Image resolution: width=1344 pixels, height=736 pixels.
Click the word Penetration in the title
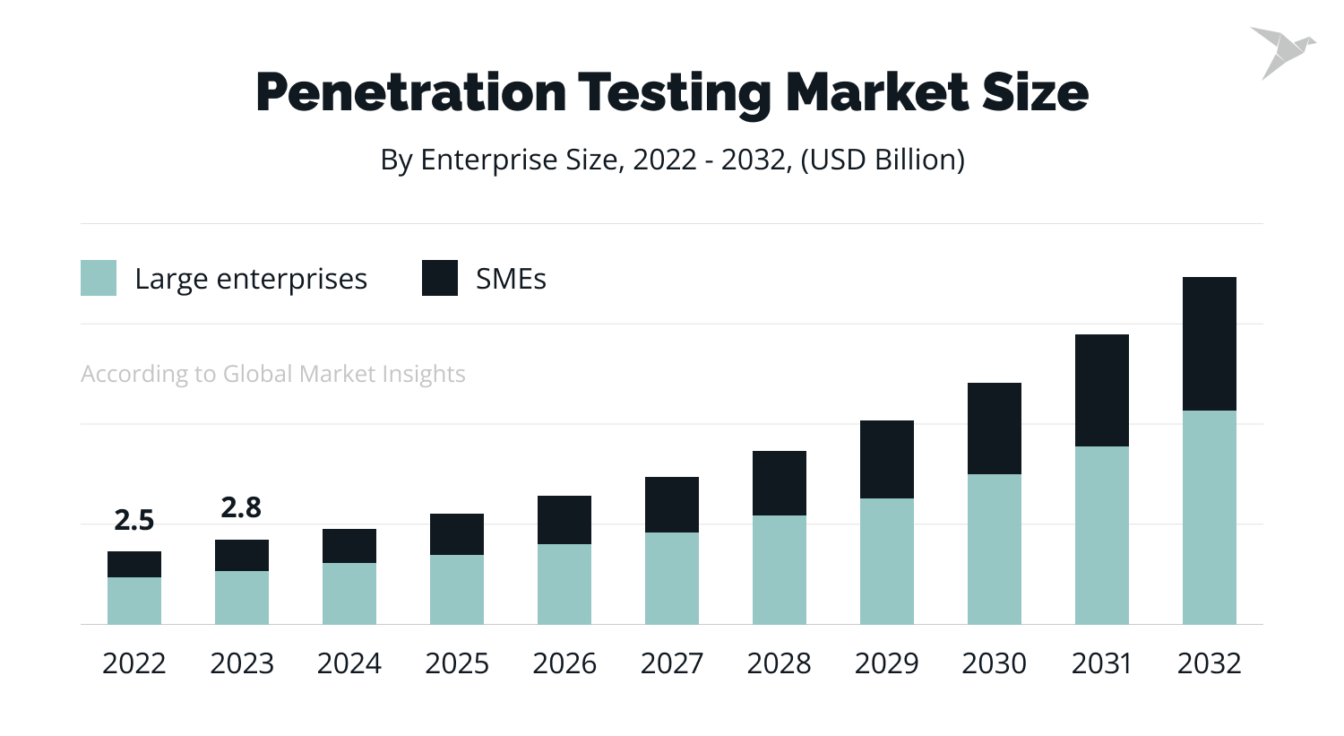(410, 91)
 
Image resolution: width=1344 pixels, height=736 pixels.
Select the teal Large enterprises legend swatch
(99, 278)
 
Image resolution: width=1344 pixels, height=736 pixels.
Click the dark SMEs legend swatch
(440, 278)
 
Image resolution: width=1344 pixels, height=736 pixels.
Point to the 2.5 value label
(134, 520)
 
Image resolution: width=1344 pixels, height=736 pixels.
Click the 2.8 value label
(241, 507)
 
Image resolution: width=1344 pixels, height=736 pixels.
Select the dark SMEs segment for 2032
(1209, 343)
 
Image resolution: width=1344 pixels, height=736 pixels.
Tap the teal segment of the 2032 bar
(1209, 517)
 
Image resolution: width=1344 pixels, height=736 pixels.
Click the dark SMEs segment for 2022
(134, 564)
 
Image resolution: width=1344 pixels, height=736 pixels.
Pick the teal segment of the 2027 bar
(672, 578)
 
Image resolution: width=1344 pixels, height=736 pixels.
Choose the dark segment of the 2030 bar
(994, 429)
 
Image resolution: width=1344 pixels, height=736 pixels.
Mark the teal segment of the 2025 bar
(457, 589)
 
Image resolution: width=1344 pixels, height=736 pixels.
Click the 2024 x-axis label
(349, 663)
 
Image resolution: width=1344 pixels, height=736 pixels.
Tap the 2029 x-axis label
(886, 663)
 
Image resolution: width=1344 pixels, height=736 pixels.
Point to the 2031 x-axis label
(1101, 663)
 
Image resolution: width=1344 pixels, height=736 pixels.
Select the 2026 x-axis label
(564, 663)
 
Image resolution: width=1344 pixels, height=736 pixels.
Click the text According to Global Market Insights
(273, 374)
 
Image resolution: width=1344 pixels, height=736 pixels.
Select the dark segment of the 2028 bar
(780, 483)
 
